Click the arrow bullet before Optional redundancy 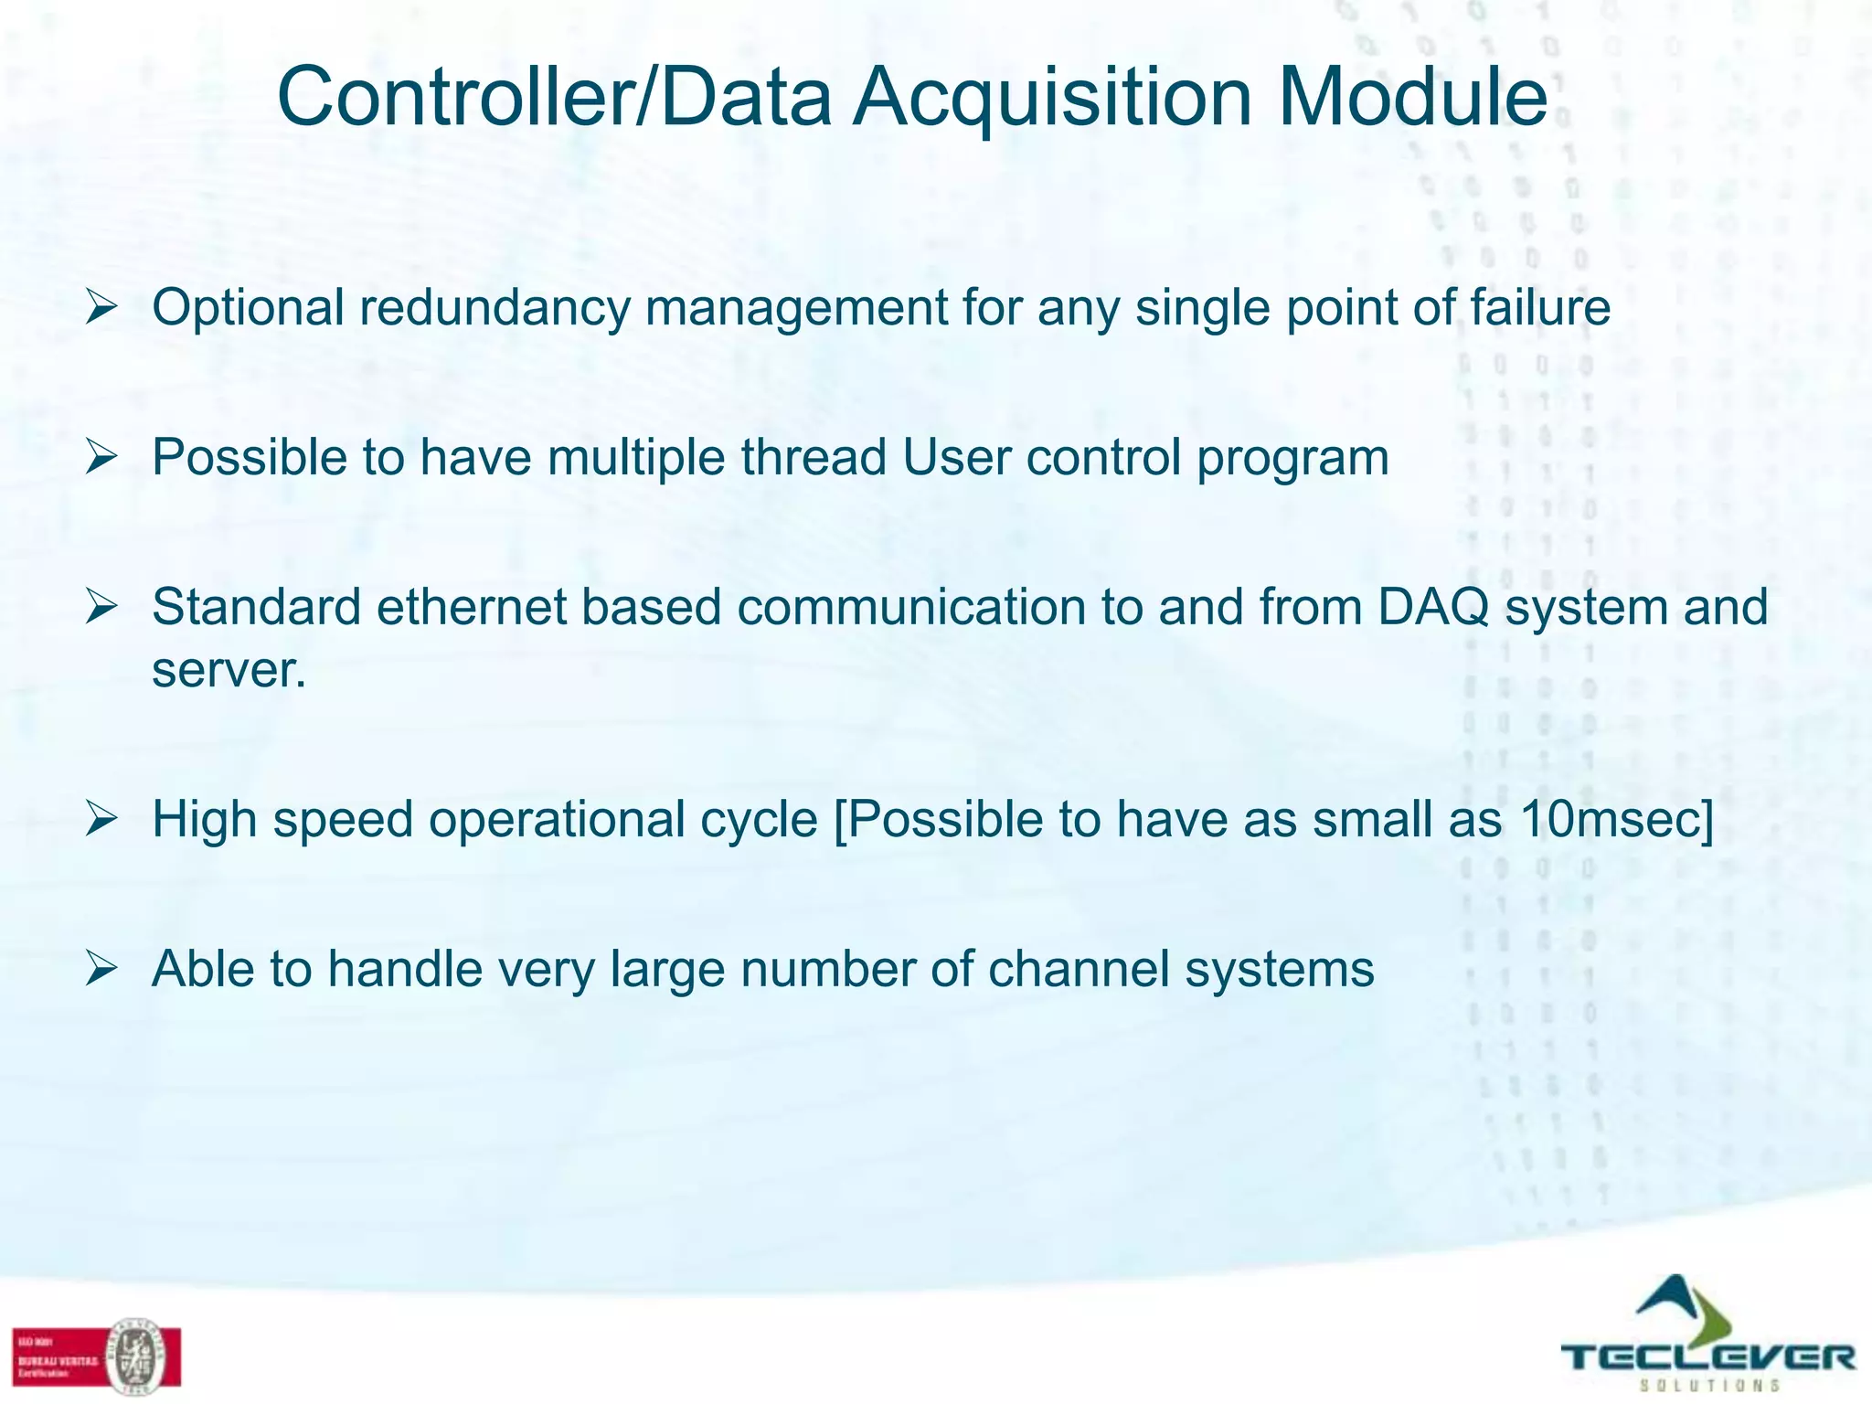pos(101,308)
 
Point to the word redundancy pos(495,308)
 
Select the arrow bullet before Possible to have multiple pos(101,457)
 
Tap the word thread pos(814,457)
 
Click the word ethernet pos(472,608)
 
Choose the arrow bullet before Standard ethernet pos(101,608)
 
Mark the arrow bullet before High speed pos(101,820)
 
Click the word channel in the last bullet pos(1079,970)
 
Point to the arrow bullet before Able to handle pos(101,970)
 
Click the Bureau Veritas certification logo pos(97,1356)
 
